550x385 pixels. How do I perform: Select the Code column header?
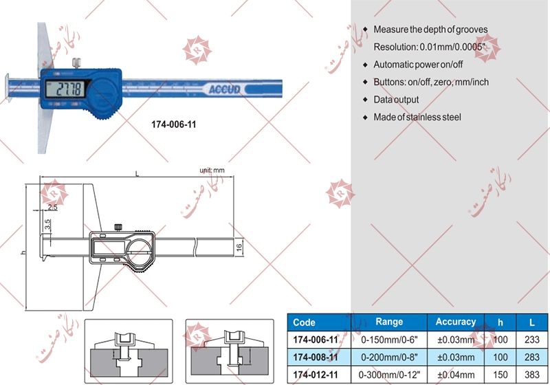pyautogui.click(x=304, y=322)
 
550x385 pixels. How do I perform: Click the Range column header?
pyautogui.click(x=389, y=322)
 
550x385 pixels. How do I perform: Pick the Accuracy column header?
pyautogui.click(x=455, y=322)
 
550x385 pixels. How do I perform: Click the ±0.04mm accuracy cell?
pyautogui.click(x=455, y=375)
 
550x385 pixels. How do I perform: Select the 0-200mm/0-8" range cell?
pyautogui.click(x=389, y=357)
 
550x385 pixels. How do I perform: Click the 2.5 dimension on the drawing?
pyautogui.click(x=53, y=207)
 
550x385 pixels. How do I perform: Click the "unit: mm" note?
pyautogui.click(x=212, y=170)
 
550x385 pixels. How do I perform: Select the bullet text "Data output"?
pyautogui.click(x=396, y=100)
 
